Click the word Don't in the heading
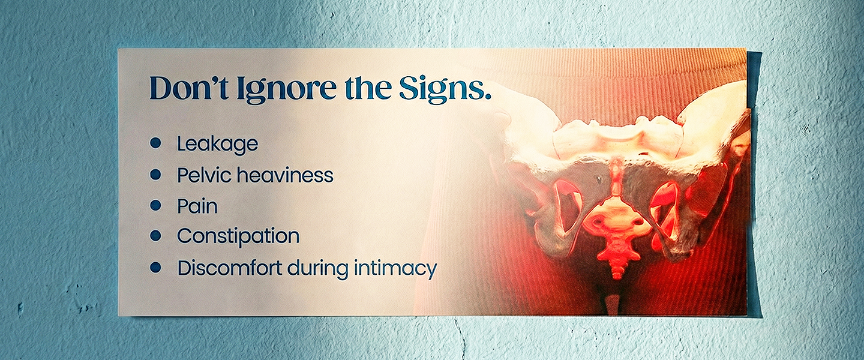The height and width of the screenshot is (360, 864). [188, 88]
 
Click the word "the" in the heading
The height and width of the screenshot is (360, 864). [368, 88]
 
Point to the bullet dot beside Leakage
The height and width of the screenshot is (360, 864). [155, 143]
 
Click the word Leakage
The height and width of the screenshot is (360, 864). [218, 145]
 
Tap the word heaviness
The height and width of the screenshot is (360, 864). [285, 175]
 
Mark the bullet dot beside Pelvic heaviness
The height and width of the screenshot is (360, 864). [155, 175]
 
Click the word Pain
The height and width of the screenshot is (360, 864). [197, 206]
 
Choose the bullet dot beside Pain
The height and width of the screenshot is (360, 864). [155, 205]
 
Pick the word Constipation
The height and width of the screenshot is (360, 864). [238, 236]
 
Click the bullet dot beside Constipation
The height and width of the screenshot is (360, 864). [155, 235]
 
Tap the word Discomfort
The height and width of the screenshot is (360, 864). [229, 268]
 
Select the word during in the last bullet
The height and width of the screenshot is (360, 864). [318, 269]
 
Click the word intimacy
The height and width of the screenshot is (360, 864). [395, 269]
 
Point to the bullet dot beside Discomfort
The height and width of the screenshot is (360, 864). [155, 267]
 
